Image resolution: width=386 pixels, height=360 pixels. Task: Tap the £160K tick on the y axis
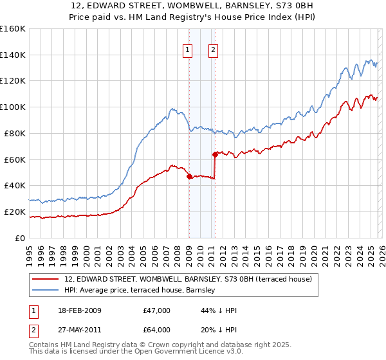pos(13,29)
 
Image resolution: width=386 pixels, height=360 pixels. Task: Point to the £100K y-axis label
pos(13,107)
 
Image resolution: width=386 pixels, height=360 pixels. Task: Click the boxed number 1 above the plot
pos(187,50)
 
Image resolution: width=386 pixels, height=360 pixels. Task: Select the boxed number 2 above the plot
pos(213,50)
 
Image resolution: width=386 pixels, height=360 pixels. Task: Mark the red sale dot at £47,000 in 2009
pos(189,176)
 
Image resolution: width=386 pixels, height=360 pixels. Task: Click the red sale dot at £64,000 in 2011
pos(215,154)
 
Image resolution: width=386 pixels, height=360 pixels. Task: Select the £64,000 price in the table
pos(157,328)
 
